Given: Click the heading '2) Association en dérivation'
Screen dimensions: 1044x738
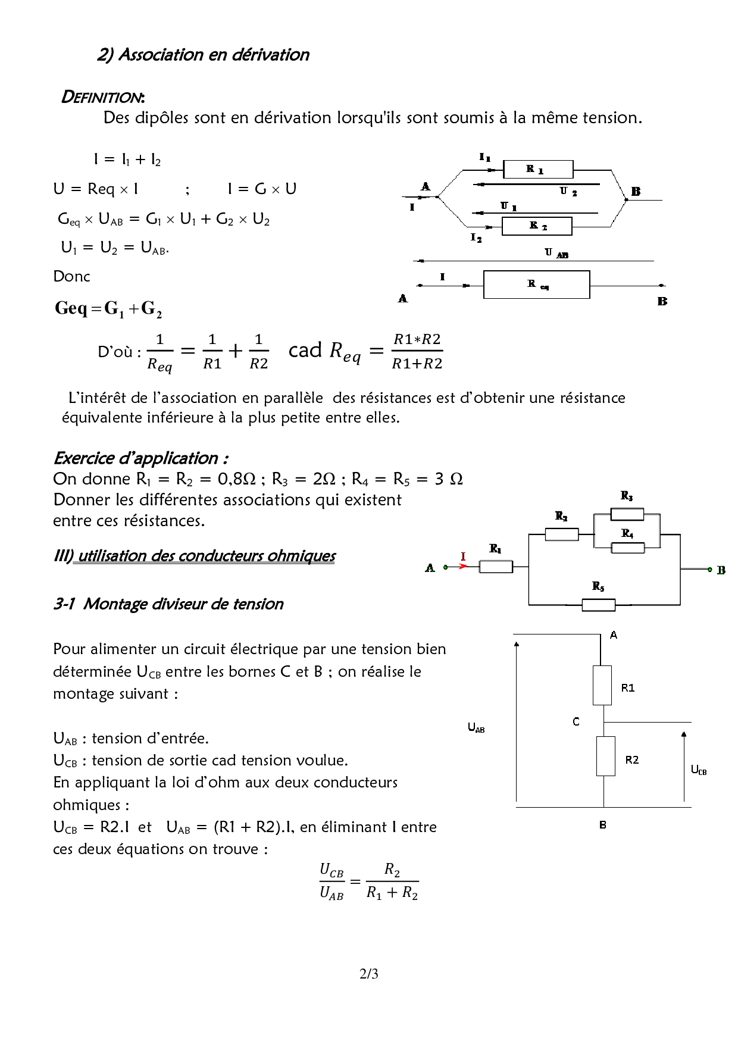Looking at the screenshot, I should coord(203,55).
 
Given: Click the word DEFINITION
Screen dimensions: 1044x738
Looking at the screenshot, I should coord(102,97).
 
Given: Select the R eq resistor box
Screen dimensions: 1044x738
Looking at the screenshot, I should coord(536,285).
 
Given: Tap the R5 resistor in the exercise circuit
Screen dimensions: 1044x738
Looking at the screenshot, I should coord(598,605).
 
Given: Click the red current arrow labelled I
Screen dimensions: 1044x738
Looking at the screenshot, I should coord(462,566).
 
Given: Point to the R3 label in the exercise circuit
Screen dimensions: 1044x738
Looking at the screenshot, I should coord(626,496).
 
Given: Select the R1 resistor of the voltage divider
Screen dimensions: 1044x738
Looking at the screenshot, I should coord(602,685).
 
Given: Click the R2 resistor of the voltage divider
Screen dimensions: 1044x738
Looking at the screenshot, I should coord(605,756).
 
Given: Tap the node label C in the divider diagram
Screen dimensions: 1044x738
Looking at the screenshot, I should coord(576,722).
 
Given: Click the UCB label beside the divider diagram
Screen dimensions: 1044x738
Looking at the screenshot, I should coord(698,770).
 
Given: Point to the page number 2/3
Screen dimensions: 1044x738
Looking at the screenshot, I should coord(368,974).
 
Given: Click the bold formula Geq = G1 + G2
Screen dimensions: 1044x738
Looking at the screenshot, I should coord(108,309).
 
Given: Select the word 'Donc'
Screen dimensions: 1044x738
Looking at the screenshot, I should coord(71,277).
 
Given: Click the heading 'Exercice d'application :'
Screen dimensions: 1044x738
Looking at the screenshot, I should coord(140,458).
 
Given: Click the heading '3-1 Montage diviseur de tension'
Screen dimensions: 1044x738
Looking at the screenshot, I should coord(168,604).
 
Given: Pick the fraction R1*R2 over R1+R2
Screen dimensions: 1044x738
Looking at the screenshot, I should coord(417,351).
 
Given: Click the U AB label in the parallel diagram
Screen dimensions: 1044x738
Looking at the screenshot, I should coord(556,253).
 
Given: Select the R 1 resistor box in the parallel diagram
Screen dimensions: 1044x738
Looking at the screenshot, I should coord(537,170).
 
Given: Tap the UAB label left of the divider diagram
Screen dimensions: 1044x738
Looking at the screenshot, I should coord(476,727).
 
